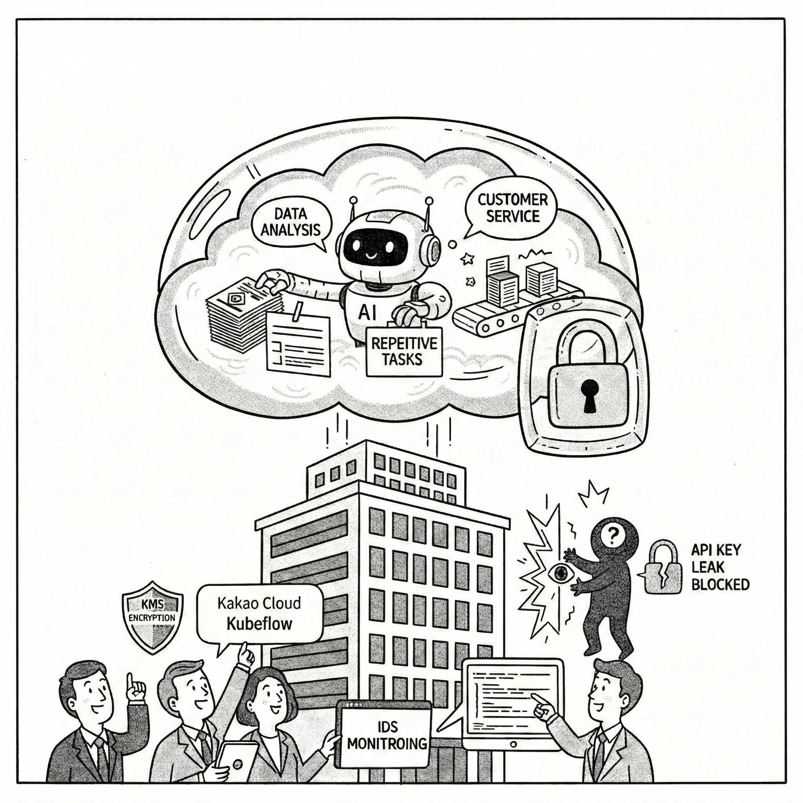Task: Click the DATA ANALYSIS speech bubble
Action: click(x=291, y=222)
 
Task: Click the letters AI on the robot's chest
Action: click(x=367, y=312)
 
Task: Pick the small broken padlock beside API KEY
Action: click(x=664, y=573)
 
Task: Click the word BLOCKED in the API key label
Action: click(x=720, y=584)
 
